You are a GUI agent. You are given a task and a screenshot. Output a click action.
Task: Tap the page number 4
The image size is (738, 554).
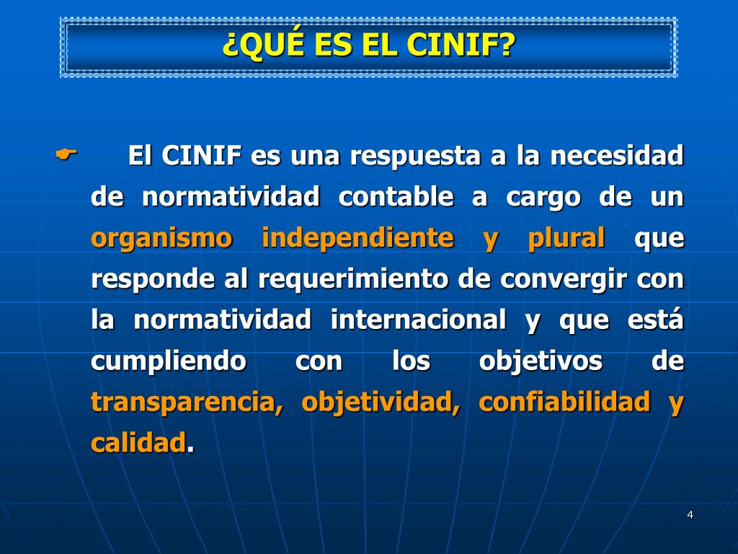[690, 514]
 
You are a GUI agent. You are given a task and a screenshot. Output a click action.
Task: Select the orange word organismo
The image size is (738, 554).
[161, 238]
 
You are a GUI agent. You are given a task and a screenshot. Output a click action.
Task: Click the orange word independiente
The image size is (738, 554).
[357, 238]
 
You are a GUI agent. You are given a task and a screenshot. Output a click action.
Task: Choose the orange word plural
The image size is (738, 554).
[566, 238]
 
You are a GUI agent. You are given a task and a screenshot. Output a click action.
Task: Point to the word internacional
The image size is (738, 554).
[418, 320]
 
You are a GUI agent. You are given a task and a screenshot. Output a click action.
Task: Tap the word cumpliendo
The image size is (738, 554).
[168, 361]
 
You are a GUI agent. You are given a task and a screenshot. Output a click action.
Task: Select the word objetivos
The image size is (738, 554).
[541, 361]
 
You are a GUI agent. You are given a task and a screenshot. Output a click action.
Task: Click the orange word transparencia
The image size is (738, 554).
[187, 402]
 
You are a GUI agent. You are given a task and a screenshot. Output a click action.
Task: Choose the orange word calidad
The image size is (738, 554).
[138, 443]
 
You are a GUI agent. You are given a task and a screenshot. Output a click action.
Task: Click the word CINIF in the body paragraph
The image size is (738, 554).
[202, 156]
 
